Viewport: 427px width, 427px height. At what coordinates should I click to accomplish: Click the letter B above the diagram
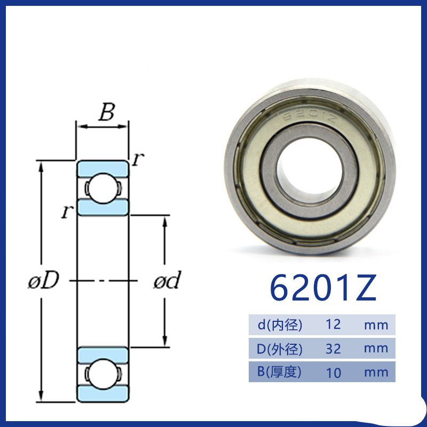tap(107, 112)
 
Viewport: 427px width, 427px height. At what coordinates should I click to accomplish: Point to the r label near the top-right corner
tap(138, 159)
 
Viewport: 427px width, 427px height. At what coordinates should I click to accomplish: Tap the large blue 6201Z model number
tap(323, 288)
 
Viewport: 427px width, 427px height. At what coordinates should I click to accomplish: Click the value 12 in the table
tap(333, 325)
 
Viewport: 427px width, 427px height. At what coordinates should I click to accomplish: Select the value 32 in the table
tap(333, 349)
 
